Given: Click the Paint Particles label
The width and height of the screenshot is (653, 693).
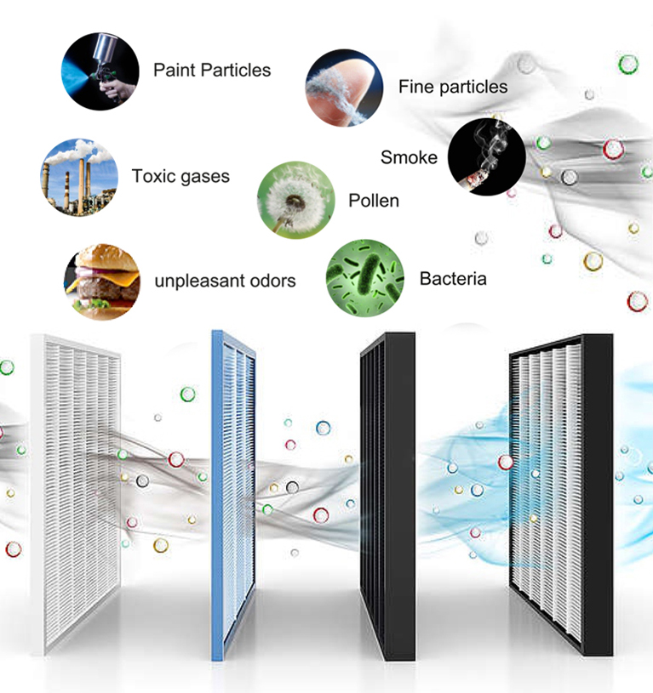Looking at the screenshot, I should click(x=212, y=70).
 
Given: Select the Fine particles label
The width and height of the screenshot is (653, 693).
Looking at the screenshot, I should click(x=452, y=87).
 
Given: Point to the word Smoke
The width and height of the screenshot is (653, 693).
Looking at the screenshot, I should click(x=409, y=157).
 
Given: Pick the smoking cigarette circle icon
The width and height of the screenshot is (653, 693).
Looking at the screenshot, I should click(x=486, y=157).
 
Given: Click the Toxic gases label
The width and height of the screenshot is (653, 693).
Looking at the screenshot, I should click(x=180, y=177).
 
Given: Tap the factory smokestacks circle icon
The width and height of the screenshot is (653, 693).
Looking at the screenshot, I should click(x=78, y=177).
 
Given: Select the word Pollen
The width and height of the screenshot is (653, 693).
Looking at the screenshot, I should click(x=374, y=202).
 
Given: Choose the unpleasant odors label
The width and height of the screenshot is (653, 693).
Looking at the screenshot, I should click(x=225, y=280).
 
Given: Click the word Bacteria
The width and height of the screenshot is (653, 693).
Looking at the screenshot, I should click(x=453, y=279).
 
